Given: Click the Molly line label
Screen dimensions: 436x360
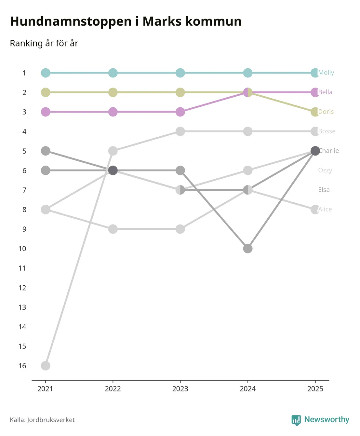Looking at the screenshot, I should (326, 73).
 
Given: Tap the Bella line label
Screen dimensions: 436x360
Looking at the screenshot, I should (325, 92).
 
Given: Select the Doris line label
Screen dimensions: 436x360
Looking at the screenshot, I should (326, 112).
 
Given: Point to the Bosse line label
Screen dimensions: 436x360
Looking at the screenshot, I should (327, 131).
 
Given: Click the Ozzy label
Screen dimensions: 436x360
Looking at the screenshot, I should (325, 170).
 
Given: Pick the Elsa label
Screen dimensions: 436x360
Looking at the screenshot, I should (324, 190).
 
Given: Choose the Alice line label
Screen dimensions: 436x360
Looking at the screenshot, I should (325, 209).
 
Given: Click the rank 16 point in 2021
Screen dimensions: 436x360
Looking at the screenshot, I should (46, 366).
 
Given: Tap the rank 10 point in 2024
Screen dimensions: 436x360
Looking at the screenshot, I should (248, 249).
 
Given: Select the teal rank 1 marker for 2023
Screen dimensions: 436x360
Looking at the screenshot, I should (180, 73).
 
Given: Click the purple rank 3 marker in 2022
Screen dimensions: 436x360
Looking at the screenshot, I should (113, 112).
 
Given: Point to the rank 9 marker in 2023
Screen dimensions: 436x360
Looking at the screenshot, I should (180, 229).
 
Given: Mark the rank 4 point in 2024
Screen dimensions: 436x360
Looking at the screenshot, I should (248, 131).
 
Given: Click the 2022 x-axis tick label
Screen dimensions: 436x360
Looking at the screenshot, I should (113, 389).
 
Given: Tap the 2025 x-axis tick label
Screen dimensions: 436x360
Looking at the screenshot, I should (315, 389).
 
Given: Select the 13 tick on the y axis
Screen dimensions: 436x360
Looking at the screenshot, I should (22, 307).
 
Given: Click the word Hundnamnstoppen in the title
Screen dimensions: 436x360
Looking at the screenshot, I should (71, 21).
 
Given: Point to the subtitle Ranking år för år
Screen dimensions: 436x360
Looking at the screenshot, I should (44, 43).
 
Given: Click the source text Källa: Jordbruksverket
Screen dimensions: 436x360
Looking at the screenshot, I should (42, 420).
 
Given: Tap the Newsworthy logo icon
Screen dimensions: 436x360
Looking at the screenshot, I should (296, 420).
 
